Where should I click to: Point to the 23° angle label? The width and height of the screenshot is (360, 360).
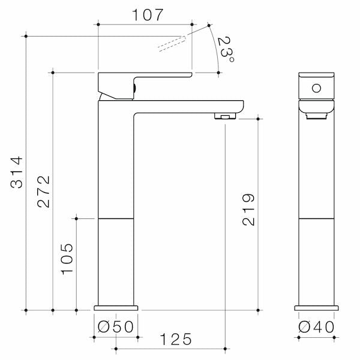226,49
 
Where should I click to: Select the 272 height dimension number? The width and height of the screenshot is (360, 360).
43,192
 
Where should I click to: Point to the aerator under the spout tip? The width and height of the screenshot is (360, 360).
224,116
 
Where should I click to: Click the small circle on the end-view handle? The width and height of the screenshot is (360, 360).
317,89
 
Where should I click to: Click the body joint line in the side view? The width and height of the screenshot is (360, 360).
116,218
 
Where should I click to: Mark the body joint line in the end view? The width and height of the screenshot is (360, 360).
317,218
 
